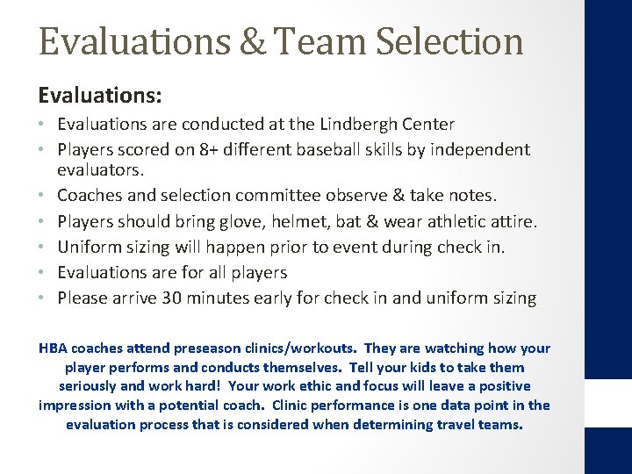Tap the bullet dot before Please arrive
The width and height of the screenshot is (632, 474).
click(x=45, y=298)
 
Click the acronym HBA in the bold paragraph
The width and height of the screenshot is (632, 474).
click(x=54, y=348)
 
